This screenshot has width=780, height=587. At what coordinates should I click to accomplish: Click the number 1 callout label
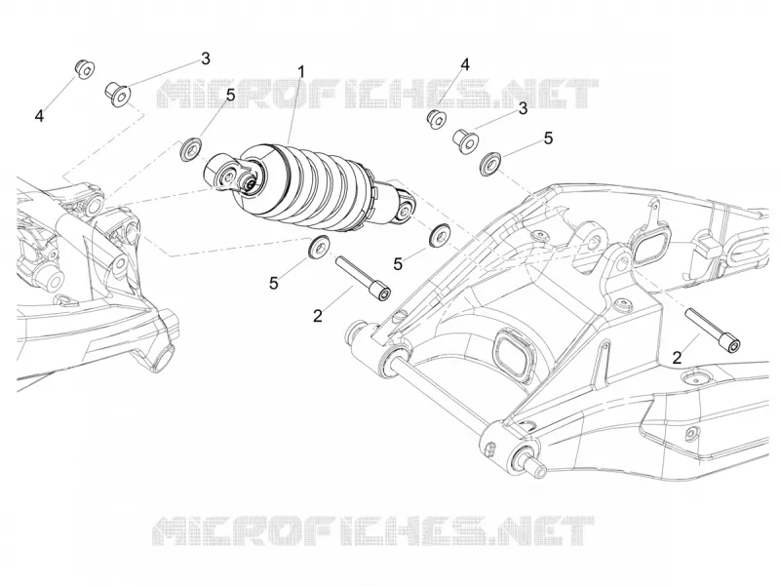pyautogui.click(x=300, y=71)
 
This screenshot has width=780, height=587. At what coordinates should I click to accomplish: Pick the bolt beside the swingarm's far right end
pyautogui.click(x=713, y=330)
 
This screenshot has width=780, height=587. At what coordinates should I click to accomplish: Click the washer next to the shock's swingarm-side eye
pyautogui.click(x=440, y=234)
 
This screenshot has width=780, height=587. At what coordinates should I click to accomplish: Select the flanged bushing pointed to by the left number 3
pyautogui.click(x=117, y=95)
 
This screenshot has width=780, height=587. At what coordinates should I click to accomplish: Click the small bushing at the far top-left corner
pyautogui.click(x=85, y=69)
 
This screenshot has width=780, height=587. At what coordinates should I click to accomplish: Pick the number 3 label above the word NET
pyautogui.click(x=523, y=108)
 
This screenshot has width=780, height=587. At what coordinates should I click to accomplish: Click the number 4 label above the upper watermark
pyautogui.click(x=465, y=64)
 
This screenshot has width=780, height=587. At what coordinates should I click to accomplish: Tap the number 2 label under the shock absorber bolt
pyautogui.click(x=318, y=315)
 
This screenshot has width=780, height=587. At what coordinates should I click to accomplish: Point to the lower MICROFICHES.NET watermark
pyautogui.click(x=373, y=530)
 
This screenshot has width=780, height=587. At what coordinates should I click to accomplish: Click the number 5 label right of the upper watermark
pyautogui.click(x=548, y=137)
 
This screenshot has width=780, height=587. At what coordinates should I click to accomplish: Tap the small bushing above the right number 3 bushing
pyautogui.click(x=437, y=118)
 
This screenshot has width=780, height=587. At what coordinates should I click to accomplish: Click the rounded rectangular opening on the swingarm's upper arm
pyautogui.click(x=648, y=247)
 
